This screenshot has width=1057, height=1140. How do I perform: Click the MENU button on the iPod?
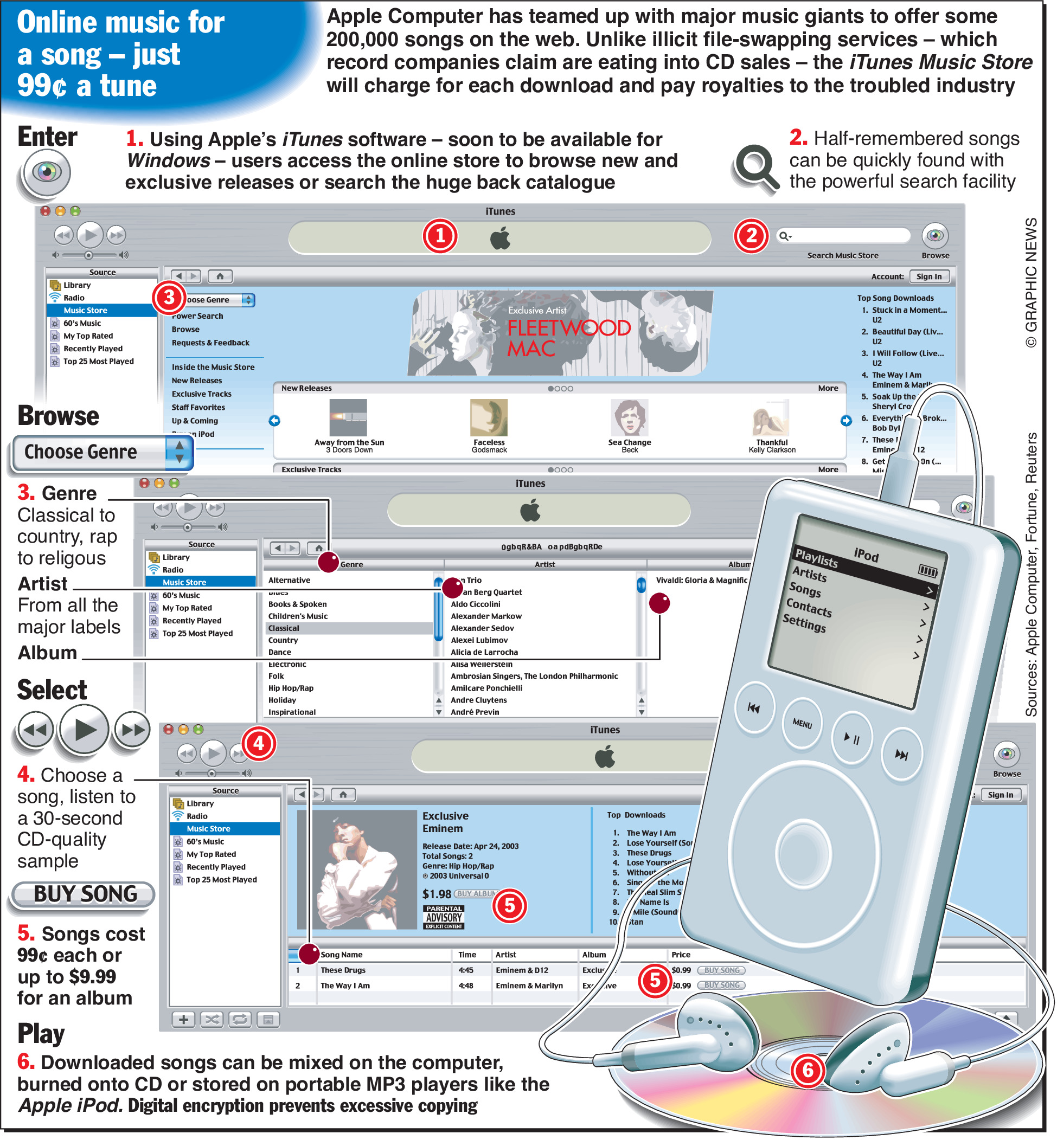click(x=802, y=723)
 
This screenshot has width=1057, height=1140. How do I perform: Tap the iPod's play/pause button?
click(x=851, y=738)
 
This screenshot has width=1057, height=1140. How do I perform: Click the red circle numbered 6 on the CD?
click(x=808, y=1070)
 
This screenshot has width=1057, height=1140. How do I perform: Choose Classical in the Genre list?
click(x=284, y=628)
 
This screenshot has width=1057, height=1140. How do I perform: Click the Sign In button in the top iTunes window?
click(x=929, y=276)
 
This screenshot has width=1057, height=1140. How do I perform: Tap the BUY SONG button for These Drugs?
click(x=722, y=970)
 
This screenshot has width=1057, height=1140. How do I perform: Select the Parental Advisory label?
click(x=444, y=917)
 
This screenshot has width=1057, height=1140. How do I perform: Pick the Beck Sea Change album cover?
click(x=630, y=418)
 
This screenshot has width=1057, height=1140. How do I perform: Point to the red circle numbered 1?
click(x=440, y=236)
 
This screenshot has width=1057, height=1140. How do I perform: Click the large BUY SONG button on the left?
click(x=84, y=893)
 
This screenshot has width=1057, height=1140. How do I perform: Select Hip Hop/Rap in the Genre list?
click(x=291, y=688)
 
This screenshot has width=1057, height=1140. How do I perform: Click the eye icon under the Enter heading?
click(x=46, y=172)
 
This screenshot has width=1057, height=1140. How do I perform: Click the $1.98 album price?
click(x=437, y=893)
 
